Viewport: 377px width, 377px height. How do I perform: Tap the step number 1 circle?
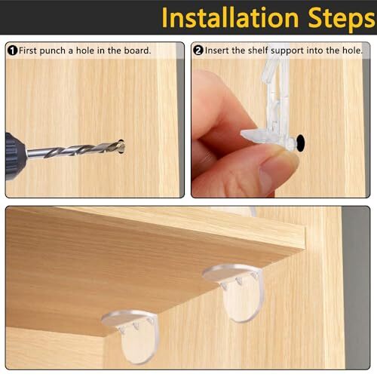point(12,51)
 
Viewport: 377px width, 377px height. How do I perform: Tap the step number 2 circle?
point(198,51)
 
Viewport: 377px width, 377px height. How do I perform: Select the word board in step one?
point(137,51)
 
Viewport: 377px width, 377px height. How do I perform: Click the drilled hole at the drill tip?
point(121,143)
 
